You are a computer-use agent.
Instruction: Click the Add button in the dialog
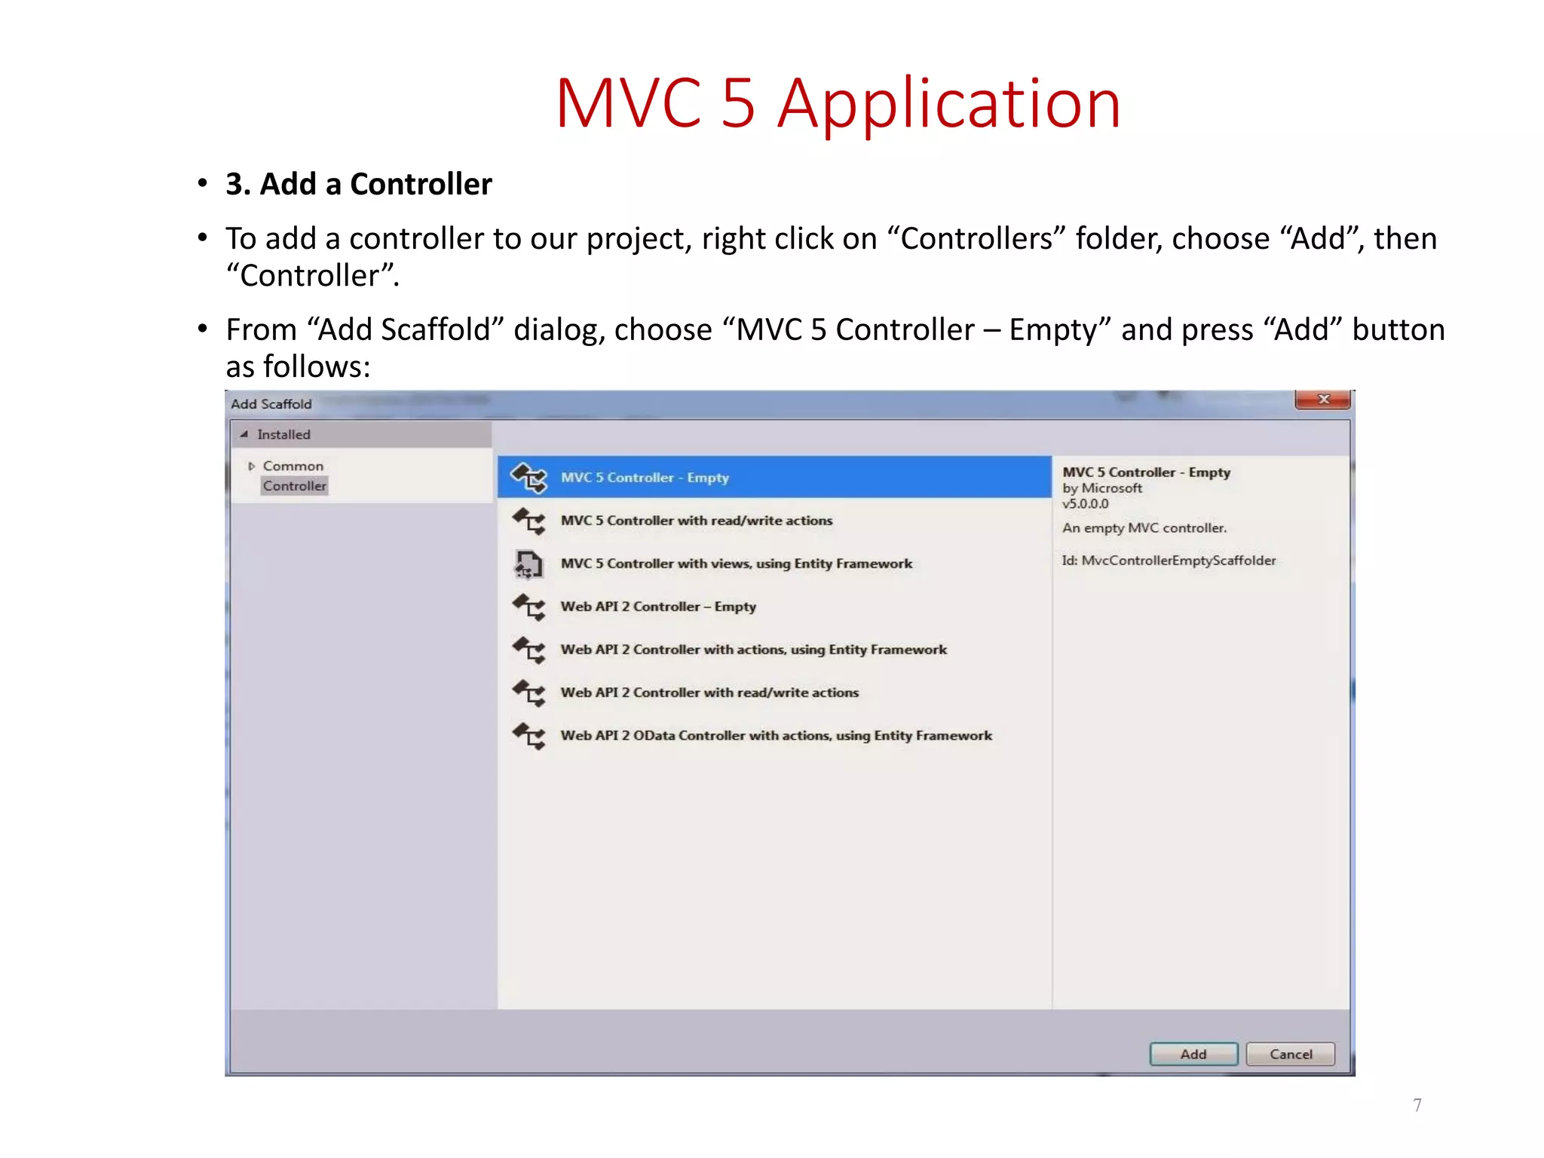coord(1193,1054)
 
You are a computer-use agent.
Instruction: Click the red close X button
coord(1322,400)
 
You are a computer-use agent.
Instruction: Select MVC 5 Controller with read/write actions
coord(696,521)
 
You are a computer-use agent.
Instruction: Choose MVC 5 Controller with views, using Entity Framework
coord(736,564)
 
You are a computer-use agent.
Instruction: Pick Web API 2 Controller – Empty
coord(657,607)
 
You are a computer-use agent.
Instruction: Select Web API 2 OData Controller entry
coord(776,736)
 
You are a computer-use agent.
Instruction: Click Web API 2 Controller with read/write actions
coord(709,693)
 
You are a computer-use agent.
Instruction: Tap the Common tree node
coord(293,467)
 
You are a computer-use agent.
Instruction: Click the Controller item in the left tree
coord(295,486)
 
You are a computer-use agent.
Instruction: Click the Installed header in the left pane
coord(283,435)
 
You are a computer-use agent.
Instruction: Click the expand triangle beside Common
coord(251,467)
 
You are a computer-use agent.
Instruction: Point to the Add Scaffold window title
coord(271,404)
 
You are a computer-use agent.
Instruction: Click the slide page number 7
coord(1417,1105)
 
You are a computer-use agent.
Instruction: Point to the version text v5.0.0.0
coord(1086,504)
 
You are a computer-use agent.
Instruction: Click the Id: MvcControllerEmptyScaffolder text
coord(1169,561)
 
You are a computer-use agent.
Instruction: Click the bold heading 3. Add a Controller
coord(359,185)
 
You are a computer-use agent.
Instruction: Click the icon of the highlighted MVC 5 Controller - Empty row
coord(528,478)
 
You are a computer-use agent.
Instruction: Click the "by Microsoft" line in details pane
coord(1102,489)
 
